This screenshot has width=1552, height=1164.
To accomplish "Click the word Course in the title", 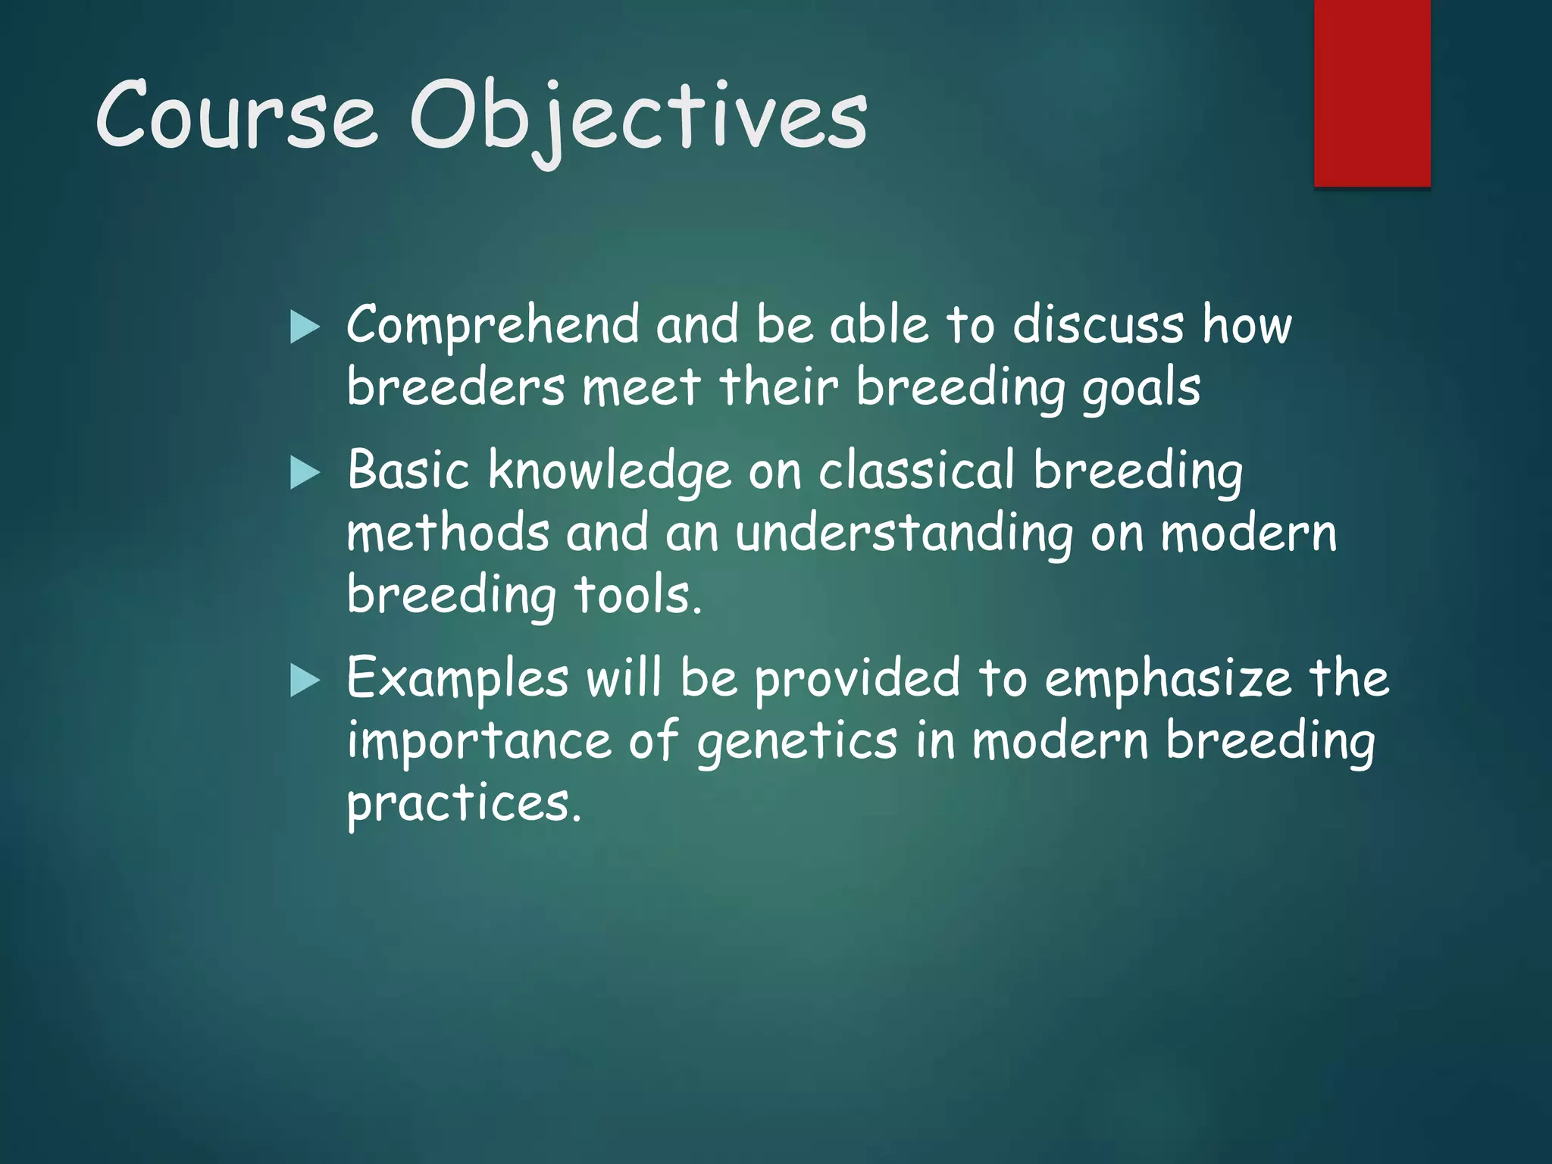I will point(235,115).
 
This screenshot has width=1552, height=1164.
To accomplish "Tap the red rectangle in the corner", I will point(1372,92).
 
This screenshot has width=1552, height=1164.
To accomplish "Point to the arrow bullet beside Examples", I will point(305,681).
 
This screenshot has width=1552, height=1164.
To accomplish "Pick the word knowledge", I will point(609,471).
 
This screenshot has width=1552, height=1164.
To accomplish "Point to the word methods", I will point(447,533).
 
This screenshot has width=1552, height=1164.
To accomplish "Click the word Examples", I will point(457,679).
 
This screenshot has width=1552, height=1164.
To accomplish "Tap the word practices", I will point(463,805).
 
